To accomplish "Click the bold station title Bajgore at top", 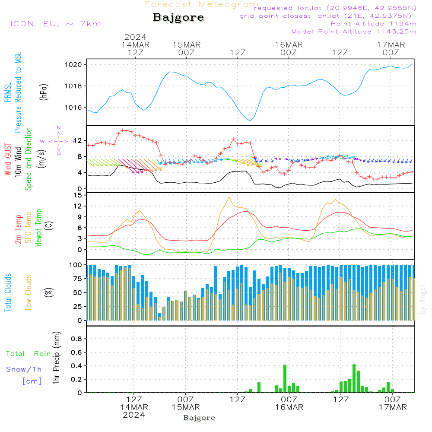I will (178, 18).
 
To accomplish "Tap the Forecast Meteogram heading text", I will (201, 4).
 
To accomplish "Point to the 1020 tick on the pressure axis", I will (75, 64).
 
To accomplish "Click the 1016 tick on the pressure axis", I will (75, 107).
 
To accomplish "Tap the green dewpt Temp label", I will (39, 228).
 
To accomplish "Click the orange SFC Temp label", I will (29, 228).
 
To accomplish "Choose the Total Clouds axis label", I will (8, 292).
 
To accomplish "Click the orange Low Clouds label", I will (29, 292).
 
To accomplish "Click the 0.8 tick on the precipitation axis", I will (76, 339).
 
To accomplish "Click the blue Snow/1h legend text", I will (24, 369).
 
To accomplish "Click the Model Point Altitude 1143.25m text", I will (354, 32).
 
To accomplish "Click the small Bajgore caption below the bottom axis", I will (199, 418).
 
